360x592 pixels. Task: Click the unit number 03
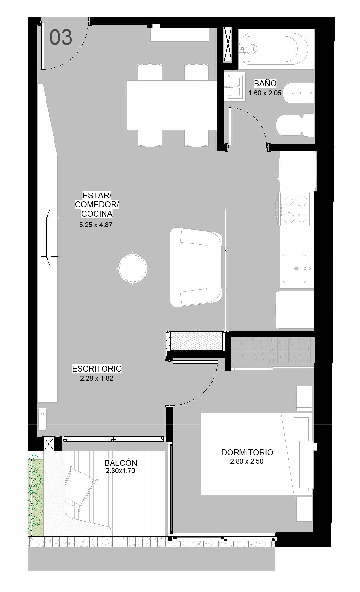[x=61, y=37]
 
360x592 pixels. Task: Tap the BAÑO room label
[x=265, y=83]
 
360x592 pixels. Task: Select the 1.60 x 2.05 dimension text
[x=265, y=93]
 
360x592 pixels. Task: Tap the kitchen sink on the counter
[x=295, y=268]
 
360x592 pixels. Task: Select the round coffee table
[x=133, y=268]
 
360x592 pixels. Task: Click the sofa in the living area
[x=196, y=267]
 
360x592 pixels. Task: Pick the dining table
[x=172, y=105]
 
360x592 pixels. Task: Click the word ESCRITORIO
[x=97, y=369]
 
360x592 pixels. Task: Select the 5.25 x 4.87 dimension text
[x=96, y=225]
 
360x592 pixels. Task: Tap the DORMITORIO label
[x=247, y=452]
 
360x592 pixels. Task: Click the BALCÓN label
[x=121, y=463]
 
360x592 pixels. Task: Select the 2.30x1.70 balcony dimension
[x=120, y=471]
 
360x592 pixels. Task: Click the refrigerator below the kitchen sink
[x=295, y=309]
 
